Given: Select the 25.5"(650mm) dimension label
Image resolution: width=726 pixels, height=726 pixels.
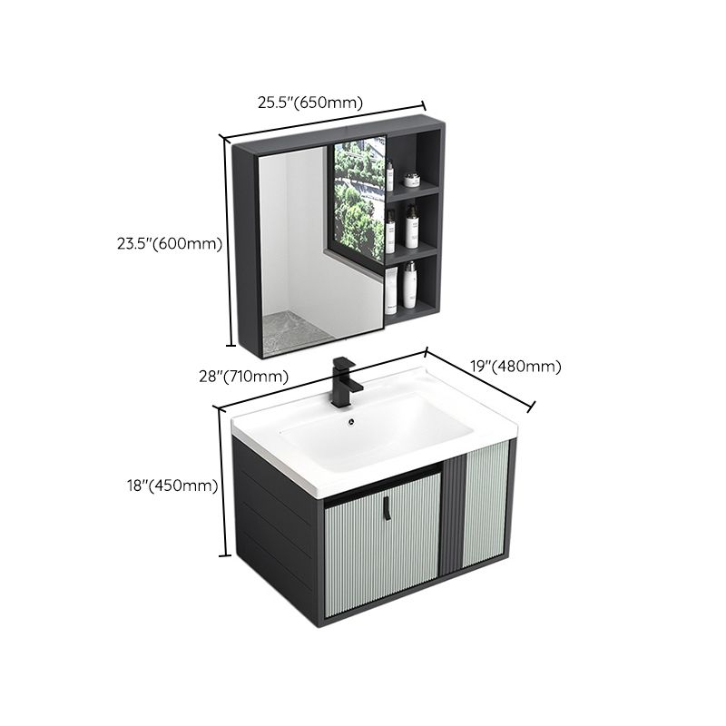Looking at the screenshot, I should tap(309, 103).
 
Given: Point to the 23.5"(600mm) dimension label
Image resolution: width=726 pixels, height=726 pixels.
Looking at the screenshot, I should tap(170, 242).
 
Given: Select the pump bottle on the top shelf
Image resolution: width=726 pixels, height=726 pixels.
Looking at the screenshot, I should tap(391, 174).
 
